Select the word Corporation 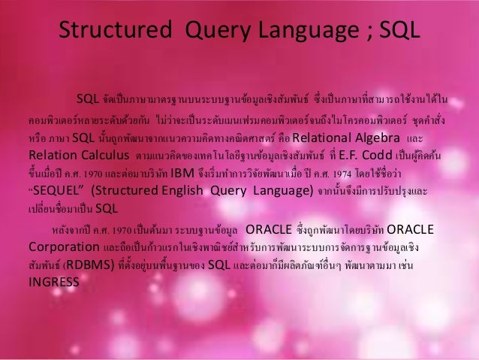pyautogui.click(x=60, y=247)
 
